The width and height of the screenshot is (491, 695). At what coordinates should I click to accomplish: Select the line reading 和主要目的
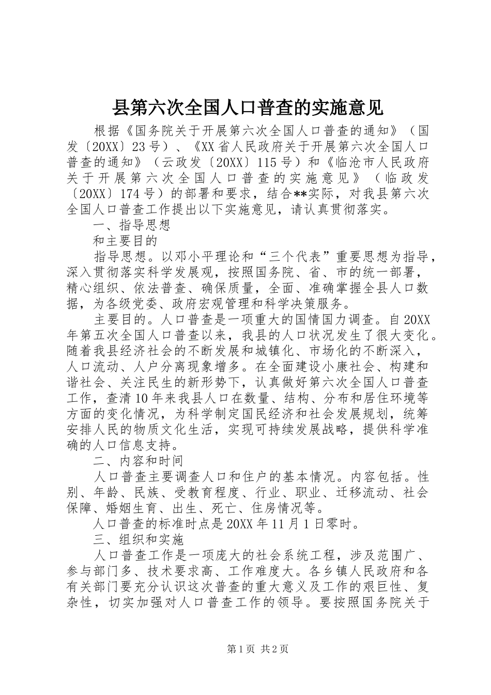pyautogui.click(x=124, y=241)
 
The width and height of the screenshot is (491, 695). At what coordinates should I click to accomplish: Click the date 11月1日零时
pyautogui.click(x=311, y=524)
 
